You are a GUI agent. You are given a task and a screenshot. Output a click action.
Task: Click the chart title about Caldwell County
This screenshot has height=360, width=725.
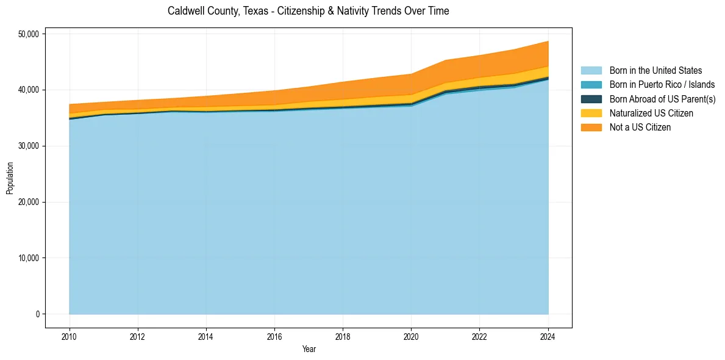(x=308, y=11)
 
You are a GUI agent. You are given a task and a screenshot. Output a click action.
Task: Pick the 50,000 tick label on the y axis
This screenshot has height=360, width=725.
(x=29, y=34)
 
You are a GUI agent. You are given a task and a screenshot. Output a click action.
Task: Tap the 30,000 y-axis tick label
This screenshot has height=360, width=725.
(x=29, y=146)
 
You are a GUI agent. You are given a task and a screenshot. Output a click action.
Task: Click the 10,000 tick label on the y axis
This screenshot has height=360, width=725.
(x=29, y=258)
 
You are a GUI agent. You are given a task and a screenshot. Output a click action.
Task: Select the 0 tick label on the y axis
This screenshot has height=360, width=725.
(x=37, y=314)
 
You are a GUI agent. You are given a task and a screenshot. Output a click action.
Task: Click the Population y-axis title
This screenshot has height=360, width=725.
(x=10, y=178)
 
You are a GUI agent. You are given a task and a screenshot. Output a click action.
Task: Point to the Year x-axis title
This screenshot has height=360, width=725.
(x=309, y=349)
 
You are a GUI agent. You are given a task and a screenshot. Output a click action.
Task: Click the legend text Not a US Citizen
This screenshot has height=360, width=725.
(x=640, y=127)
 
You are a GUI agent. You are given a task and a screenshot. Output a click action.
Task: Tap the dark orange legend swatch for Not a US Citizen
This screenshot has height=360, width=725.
(x=591, y=127)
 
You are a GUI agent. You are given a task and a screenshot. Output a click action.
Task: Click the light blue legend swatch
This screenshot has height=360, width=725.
(x=591, y=71)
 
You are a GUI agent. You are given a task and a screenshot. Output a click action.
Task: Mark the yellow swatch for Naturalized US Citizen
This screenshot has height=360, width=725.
(x=591, y=113)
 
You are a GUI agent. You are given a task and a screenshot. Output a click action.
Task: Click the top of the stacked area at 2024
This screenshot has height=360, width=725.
(x=548, y=41)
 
